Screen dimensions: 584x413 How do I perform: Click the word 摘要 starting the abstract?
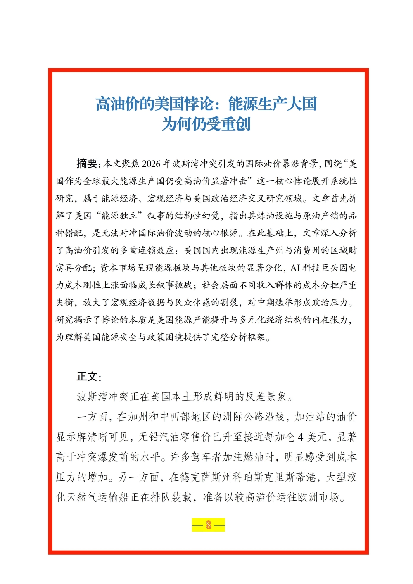pyautogui.click(x=87, y=164)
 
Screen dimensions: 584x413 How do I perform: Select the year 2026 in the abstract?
pyautogui.click(x=151, y=164)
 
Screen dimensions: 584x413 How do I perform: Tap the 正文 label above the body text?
pyautogui.click(x=88, y=376)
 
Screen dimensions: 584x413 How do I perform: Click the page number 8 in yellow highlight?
pyautogui.click(x=209, y=525)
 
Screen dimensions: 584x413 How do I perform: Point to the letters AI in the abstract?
pyautogui.click(x=295, y=268)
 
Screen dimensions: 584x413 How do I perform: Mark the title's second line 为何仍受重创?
pyautogui.click(x=206, y=124)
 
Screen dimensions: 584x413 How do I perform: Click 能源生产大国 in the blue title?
pyautogui.click(x=273, y=104)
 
